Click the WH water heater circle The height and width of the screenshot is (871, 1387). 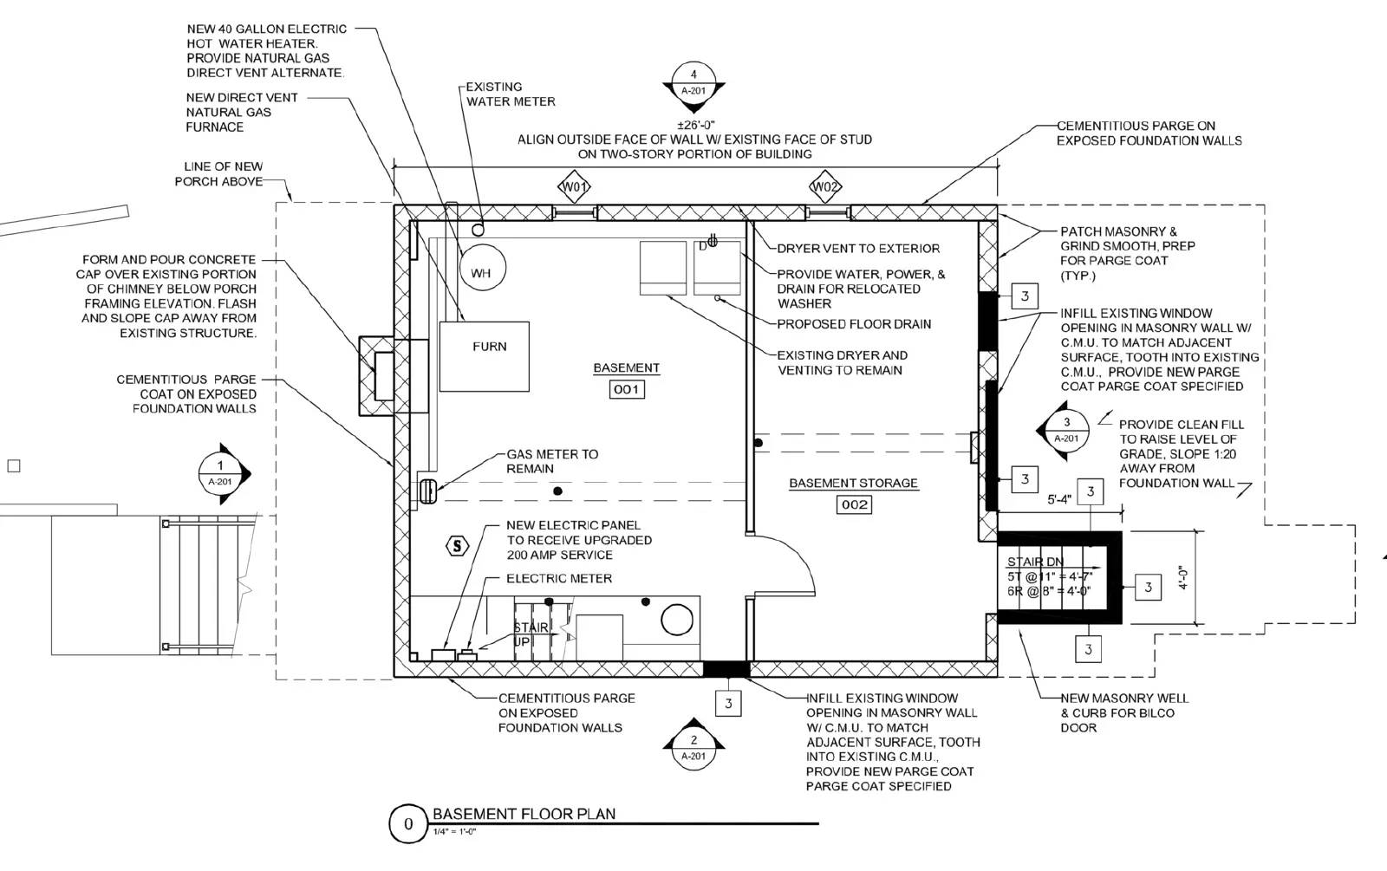[481, 273]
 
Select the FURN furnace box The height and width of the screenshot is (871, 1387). [485, 356]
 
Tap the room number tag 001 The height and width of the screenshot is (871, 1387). [626, 389]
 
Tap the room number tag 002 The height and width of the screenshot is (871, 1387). [854, 504]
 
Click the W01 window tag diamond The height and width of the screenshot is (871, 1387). [574, 187]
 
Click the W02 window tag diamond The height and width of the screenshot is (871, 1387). [825, 187]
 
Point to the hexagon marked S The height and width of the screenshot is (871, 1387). [457, 545]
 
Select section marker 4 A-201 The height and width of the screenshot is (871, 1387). [693, 83]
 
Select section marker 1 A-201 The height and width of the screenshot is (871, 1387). [221, 473]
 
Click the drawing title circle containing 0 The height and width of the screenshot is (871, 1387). [408, 824]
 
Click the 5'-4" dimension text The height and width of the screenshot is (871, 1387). [1059, 500]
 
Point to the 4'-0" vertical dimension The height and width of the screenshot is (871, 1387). [1182, 578]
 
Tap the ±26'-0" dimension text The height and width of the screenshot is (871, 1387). [695, 125]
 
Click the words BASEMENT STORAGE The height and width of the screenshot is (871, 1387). [853, 484]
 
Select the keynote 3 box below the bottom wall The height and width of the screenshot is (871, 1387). [728, 704]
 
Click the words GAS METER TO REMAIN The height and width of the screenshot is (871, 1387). [552, 461]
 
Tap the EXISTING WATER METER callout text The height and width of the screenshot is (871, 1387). [510, 94]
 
